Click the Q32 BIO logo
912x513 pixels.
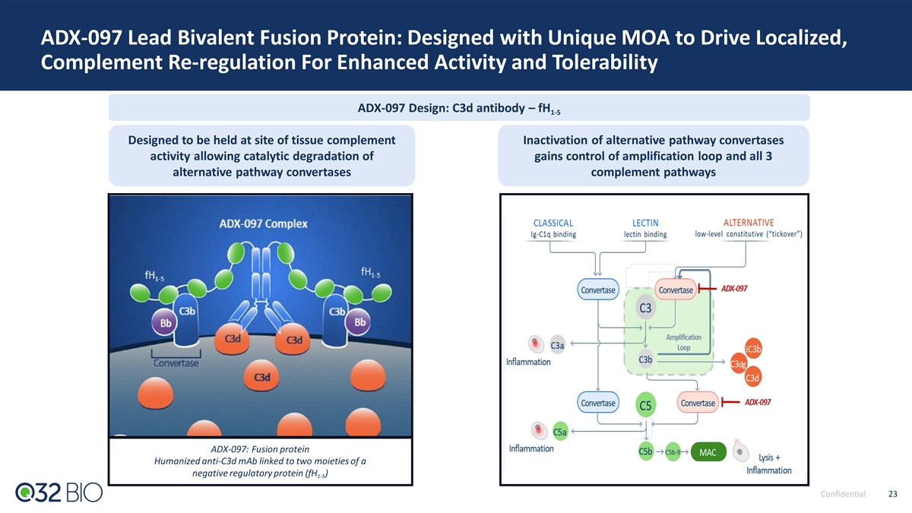(59, 492)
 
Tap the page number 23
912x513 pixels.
(892, 494)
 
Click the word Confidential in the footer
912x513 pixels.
(843, 494)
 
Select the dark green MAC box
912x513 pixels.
(708, 452)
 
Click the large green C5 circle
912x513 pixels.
(645, 405)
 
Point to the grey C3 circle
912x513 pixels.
(645, 308)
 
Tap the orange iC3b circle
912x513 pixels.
(753, 349)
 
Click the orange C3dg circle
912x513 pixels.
(738, 364)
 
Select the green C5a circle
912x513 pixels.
(560, 432)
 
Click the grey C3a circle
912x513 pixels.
(557, 345)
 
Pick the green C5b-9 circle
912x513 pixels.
(673, 452)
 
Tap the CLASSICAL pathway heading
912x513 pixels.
(553, 223)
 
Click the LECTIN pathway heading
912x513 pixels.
(645, 223)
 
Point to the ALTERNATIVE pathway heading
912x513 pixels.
(749, 222)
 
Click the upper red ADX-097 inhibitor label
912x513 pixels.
(734, 289)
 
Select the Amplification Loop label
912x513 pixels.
(683, 343)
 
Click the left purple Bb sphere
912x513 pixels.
(165, 323)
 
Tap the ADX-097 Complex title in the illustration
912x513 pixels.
(264, 223)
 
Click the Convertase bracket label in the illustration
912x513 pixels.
(176, 363)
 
